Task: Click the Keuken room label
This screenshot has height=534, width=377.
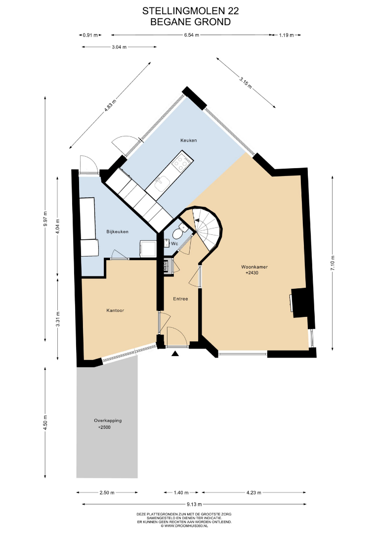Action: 189,140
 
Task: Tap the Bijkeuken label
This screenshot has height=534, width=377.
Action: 118,231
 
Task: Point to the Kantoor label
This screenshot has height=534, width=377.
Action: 115,310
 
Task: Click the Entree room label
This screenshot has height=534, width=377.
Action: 180,299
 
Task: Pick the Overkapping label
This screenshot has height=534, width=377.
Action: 108,420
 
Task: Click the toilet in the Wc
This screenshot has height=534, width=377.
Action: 178,232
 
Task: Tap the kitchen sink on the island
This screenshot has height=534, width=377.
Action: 162,183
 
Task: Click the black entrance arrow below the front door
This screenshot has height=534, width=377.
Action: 175,354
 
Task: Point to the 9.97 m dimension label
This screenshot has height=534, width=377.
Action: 45,221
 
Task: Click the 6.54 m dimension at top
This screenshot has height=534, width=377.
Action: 192,35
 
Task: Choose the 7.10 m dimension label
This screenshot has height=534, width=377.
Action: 333,263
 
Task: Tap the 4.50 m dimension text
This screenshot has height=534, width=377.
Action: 45,422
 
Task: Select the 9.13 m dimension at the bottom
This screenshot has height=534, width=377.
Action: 194,504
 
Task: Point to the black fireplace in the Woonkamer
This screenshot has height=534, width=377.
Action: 300,303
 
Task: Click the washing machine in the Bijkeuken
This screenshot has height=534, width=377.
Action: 148,249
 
